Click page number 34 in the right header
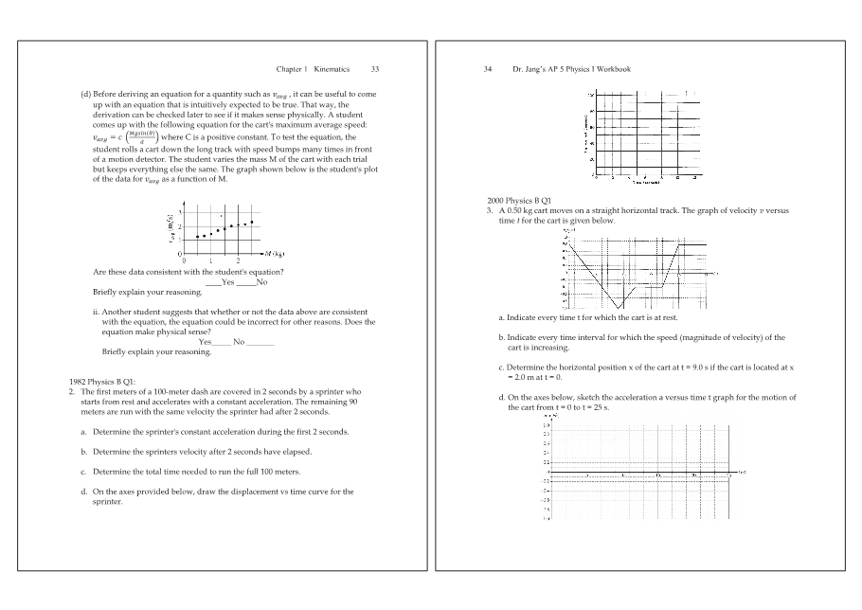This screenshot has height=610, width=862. click(490, 69)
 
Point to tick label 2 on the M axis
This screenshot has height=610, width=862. click(238, 260)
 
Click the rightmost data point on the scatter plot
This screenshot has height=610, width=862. click(252, 222)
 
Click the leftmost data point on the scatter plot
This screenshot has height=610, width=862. click(196, 237)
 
